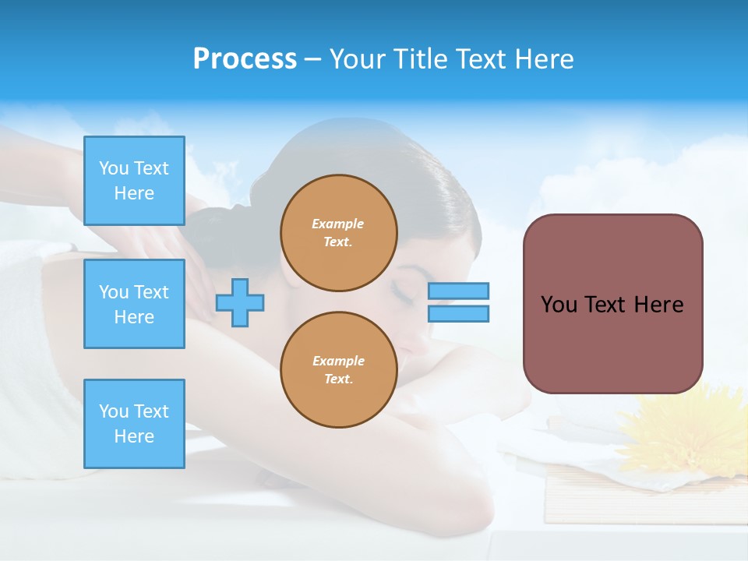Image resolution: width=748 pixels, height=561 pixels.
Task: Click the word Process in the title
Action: click(x=245, y=59)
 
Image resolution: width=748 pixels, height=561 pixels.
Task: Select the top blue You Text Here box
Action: click(x=134, y=181)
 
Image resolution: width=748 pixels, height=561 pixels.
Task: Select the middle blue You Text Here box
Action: click(x=134, y=304)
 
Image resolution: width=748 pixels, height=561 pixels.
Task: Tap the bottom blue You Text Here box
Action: click(x=134, y=423)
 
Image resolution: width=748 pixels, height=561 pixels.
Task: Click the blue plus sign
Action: click(x=240, y=302)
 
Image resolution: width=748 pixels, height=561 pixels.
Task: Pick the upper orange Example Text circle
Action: click(x=339, y=233)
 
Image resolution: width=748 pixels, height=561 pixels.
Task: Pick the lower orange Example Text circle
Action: click(x=339, y=370)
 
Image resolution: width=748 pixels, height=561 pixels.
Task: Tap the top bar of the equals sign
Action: click(x=458, y=291)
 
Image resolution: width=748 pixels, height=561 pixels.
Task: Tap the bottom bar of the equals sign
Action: click(x=458, y=313)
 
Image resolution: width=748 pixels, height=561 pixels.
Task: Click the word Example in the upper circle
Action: click(x=337, y=224)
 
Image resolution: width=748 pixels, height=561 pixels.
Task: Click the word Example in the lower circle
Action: click(x=337, y=361)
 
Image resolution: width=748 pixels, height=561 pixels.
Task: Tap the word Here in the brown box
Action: click(x=658, y=305)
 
